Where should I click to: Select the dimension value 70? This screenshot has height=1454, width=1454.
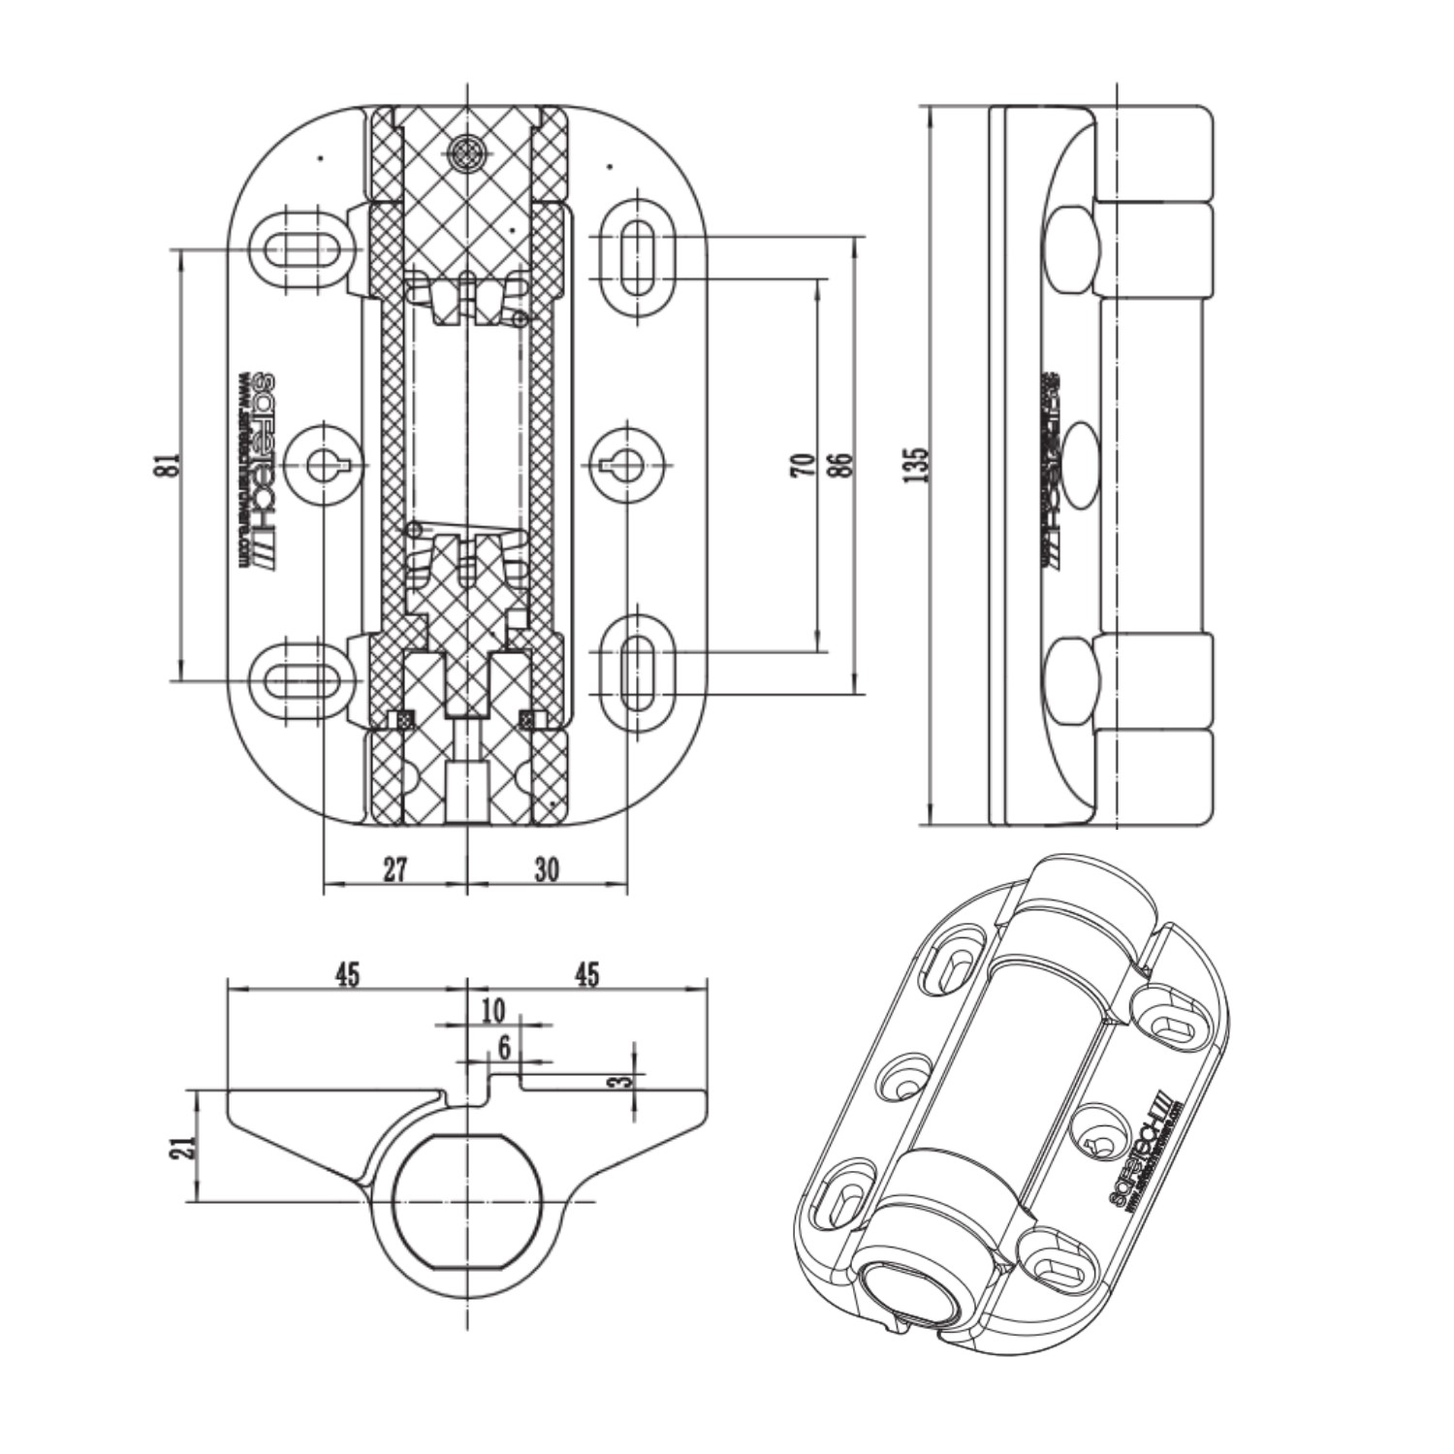click(801, 465)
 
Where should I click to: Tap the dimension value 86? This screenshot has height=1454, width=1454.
click(839, 465)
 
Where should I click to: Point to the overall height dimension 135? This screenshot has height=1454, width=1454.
click(917, 465)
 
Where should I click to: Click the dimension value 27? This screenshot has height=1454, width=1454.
click(395, 869)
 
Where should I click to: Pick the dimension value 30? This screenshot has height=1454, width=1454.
click(547, 869)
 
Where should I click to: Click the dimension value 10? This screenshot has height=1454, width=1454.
click(493, 1011)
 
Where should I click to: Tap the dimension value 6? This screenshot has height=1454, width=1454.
click(504, 1047)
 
